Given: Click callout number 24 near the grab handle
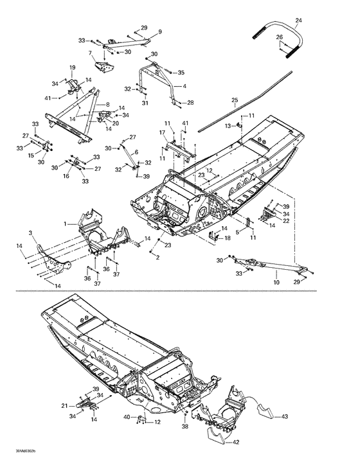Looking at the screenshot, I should [x=298, y=21].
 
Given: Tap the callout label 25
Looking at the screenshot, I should [x=235, y=100].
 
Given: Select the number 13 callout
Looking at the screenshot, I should [x=227, y=126].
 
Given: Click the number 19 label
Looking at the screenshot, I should [x=73, y=67].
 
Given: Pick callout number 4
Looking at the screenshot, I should [x=184, y=85].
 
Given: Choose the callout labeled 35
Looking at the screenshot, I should [x=181, y=73].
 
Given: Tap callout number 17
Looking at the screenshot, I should [x=163, y=132].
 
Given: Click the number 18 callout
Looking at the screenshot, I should [x=227, y=238].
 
